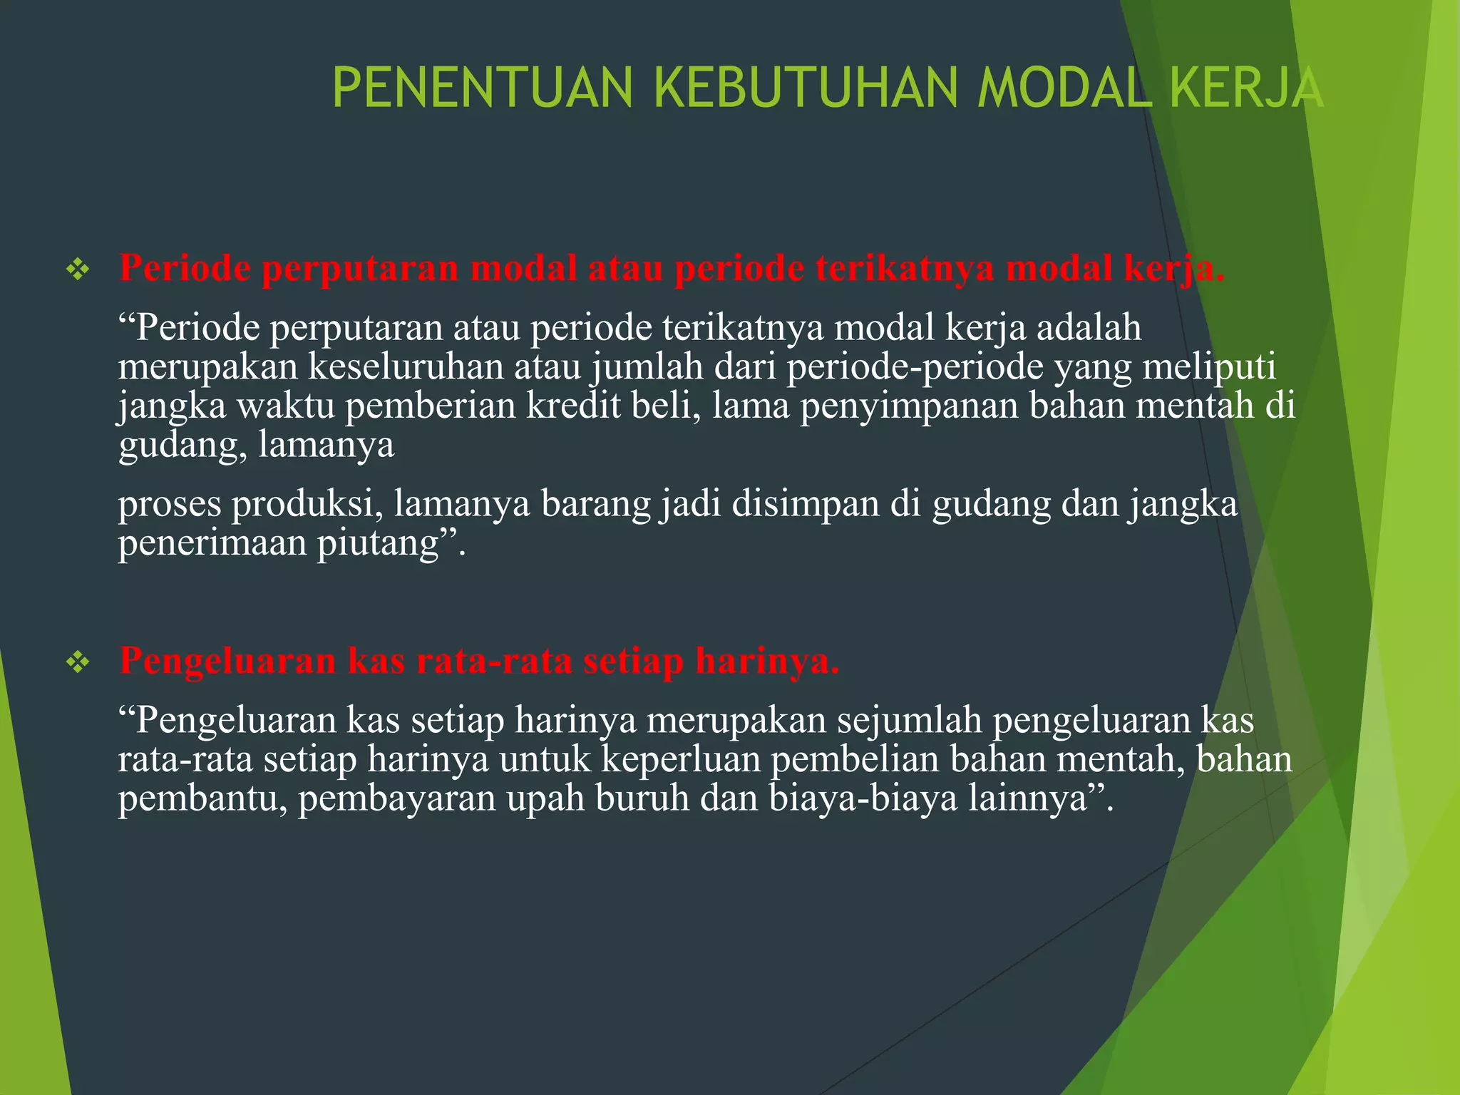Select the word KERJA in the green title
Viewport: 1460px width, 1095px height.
[x=1246, y=88]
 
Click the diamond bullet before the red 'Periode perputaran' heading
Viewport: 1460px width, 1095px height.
[x=77, y=269]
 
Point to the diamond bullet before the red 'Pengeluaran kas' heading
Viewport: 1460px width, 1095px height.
[x=77, y=662]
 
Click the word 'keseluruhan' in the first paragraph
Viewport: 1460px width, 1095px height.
[x=406, y=366]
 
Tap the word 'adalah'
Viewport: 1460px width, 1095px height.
[x=1089, y=328]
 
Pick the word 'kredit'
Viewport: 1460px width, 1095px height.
[x=573, y=405]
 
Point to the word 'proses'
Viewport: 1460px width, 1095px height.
[x=170, y=505]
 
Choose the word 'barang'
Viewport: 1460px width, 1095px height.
[x=595, y=505]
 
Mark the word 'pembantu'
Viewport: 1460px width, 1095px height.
[x=202, y=798]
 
